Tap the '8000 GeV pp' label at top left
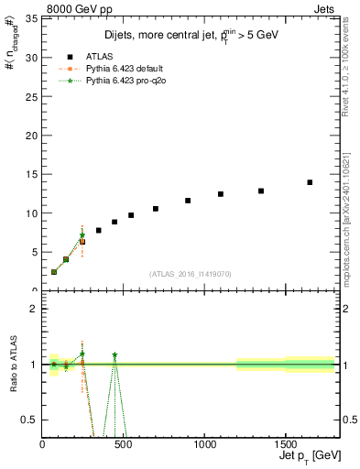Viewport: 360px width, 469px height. (74, 8)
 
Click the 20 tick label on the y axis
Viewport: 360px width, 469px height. (33, 135)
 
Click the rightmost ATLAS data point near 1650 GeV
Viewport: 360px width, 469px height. (310, 182)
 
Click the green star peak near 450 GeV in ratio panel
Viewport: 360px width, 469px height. (115, 354)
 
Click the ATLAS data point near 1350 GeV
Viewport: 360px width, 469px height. (261, 191)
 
